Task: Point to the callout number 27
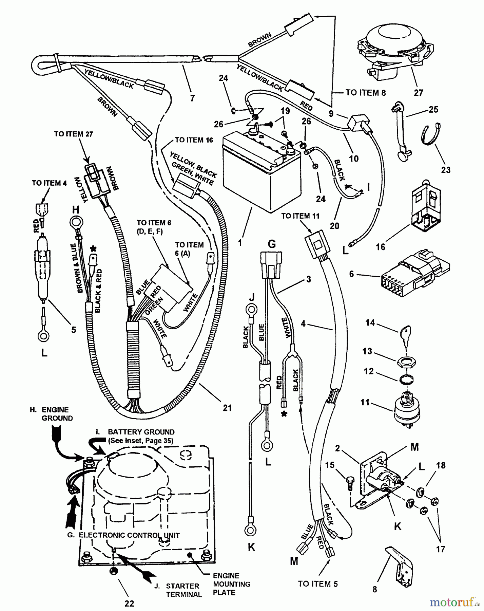(x=419, y=93)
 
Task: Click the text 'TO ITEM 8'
(x=365, y=93)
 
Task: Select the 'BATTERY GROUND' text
(x=141, y=432)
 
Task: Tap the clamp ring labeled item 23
(x=429, y=134)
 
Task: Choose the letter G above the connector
(x=272, y=244)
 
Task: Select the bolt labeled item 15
(x=350, y=482)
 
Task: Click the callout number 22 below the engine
(x=129, y=603)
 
